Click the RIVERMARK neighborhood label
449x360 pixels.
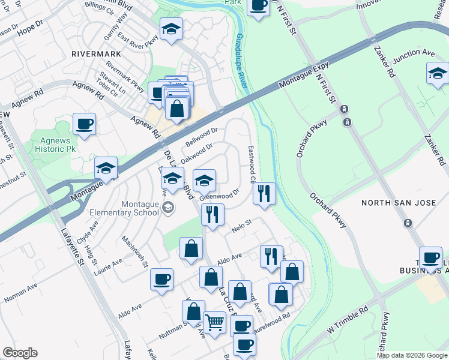tap(96, 53)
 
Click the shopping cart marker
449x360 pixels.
tap(214, 322)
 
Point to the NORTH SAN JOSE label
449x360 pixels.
tap(393, 203)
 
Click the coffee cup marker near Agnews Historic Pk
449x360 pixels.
tap(84, 124)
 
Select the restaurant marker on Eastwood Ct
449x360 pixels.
tap(264, 193)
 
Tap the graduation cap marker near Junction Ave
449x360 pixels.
tap(438, 74)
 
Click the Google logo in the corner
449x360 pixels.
tap(20, 353)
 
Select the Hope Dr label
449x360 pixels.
tap(31, 26)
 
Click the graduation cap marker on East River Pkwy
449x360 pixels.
tap(172, 29)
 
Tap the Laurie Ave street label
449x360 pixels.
tap(108, 267)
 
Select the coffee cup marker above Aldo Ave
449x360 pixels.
tap(161, 278)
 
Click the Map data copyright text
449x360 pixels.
tap(411, 355)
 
